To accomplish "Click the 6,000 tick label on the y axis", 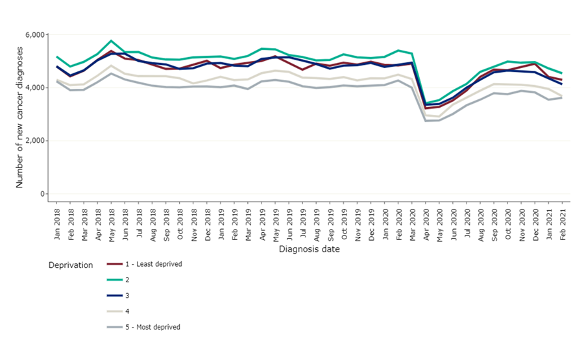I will pos(34,34).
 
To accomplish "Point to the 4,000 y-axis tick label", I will pos(34,88).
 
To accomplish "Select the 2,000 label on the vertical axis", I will pos(34,141).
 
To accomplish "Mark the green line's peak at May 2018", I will pos(112,41).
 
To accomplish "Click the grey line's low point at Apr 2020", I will pos(426,121).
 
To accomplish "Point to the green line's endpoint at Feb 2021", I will pos(562,73).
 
